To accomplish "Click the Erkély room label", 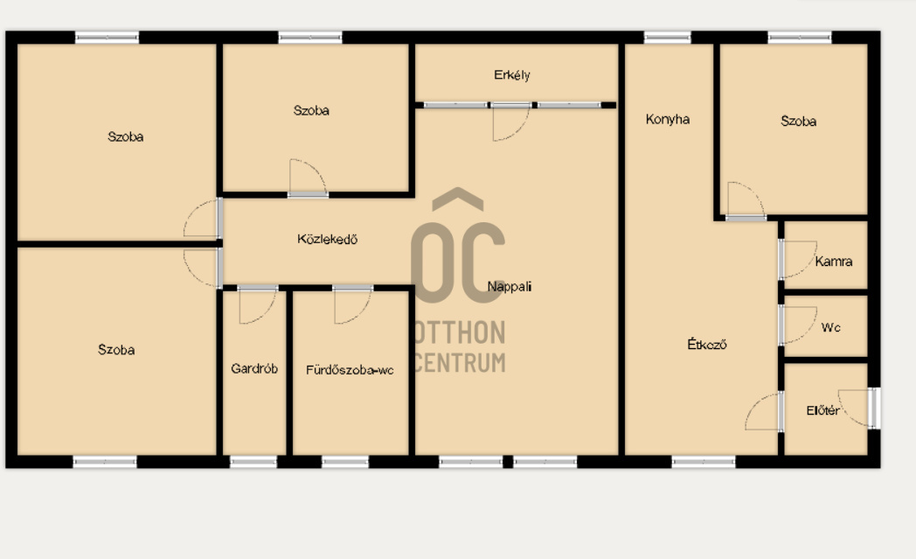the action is (x=511, y=75).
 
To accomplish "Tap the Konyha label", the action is (x=668, y=119).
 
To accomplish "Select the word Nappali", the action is (x=510, y=287).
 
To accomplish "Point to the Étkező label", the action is (x=707, y=345).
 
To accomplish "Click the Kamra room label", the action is (x=834, y=262).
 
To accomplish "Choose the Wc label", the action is (x=830, y=327).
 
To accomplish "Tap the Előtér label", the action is (x=823, y=410).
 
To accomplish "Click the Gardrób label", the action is (x=254, y=369).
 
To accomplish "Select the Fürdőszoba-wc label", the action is (x=350, y=370).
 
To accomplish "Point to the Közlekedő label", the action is (x=327, y=239).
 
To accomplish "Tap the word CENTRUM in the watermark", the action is (x=461, y=363).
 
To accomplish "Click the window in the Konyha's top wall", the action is (x=667, y=38).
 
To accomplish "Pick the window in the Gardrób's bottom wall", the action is (x=253, y=462).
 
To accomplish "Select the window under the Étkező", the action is (x=704, y=462).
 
